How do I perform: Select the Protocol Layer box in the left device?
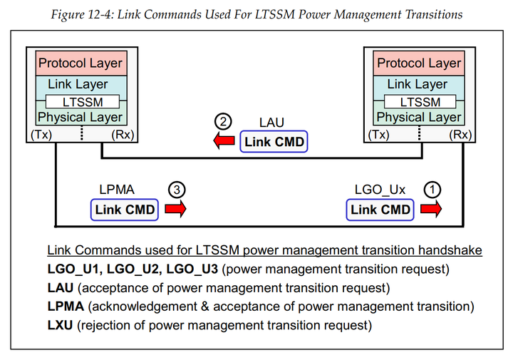coord(80,63)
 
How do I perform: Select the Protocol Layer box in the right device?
coord(418,63)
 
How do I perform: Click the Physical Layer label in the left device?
coord(80,117)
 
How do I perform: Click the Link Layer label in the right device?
coord(418,84)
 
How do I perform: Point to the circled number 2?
coord(224,122)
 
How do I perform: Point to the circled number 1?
coord(432,190)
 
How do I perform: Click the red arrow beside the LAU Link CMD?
coord(224,143)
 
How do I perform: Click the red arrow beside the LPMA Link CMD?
coord(175,210)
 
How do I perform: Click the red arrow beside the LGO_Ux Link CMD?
coord(431,210)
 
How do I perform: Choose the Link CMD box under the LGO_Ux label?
coord(380,210)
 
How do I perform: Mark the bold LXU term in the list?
coord(60,326)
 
